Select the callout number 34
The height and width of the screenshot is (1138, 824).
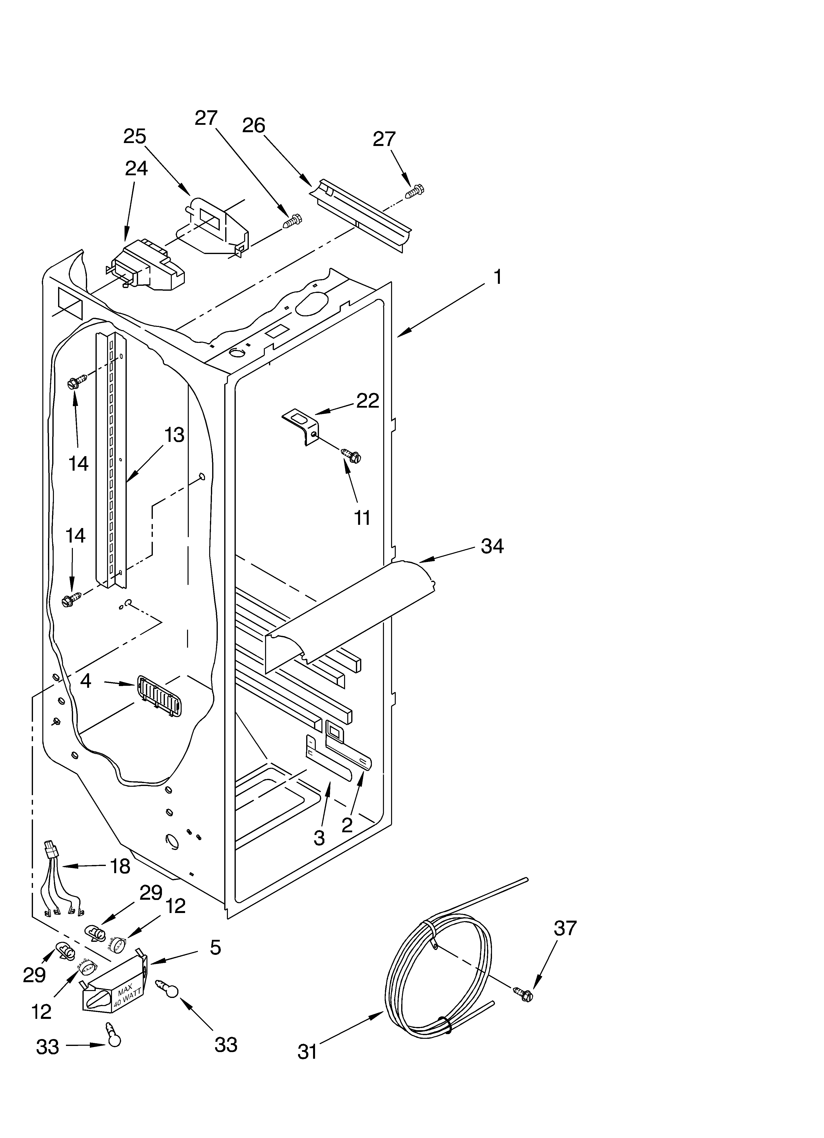(492, 546)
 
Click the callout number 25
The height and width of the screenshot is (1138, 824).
(134, 136)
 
